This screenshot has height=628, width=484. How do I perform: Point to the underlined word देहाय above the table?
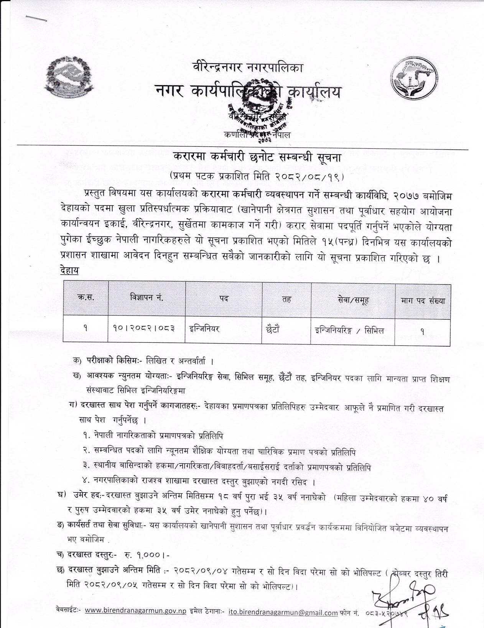tap(69, 270)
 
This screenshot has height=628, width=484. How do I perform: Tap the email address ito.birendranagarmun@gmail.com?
tap(283, 612)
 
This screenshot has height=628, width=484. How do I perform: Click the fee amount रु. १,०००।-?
tap(147, 555)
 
